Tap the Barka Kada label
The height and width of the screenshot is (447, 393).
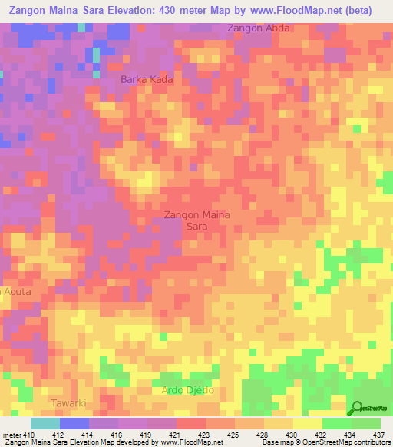(x=146, y=80)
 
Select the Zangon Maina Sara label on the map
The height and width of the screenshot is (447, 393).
(x=196, y=220)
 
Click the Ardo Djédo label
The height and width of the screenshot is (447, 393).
(x=187, y=390)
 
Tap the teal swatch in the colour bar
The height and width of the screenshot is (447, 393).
(x=45, y=424)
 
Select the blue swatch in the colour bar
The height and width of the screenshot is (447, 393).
(x=74, y=424)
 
